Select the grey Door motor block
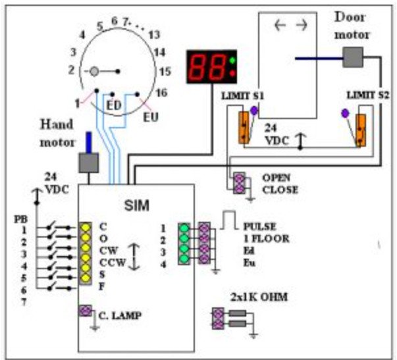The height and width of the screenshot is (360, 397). (354, 57)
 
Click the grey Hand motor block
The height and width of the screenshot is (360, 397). (88, 163)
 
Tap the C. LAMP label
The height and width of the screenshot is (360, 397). (120, 316)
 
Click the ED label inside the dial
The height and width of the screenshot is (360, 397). (113, 105)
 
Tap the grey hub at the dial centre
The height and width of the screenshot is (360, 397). (95, 70)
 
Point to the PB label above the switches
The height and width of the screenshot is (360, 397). (21, 218)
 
